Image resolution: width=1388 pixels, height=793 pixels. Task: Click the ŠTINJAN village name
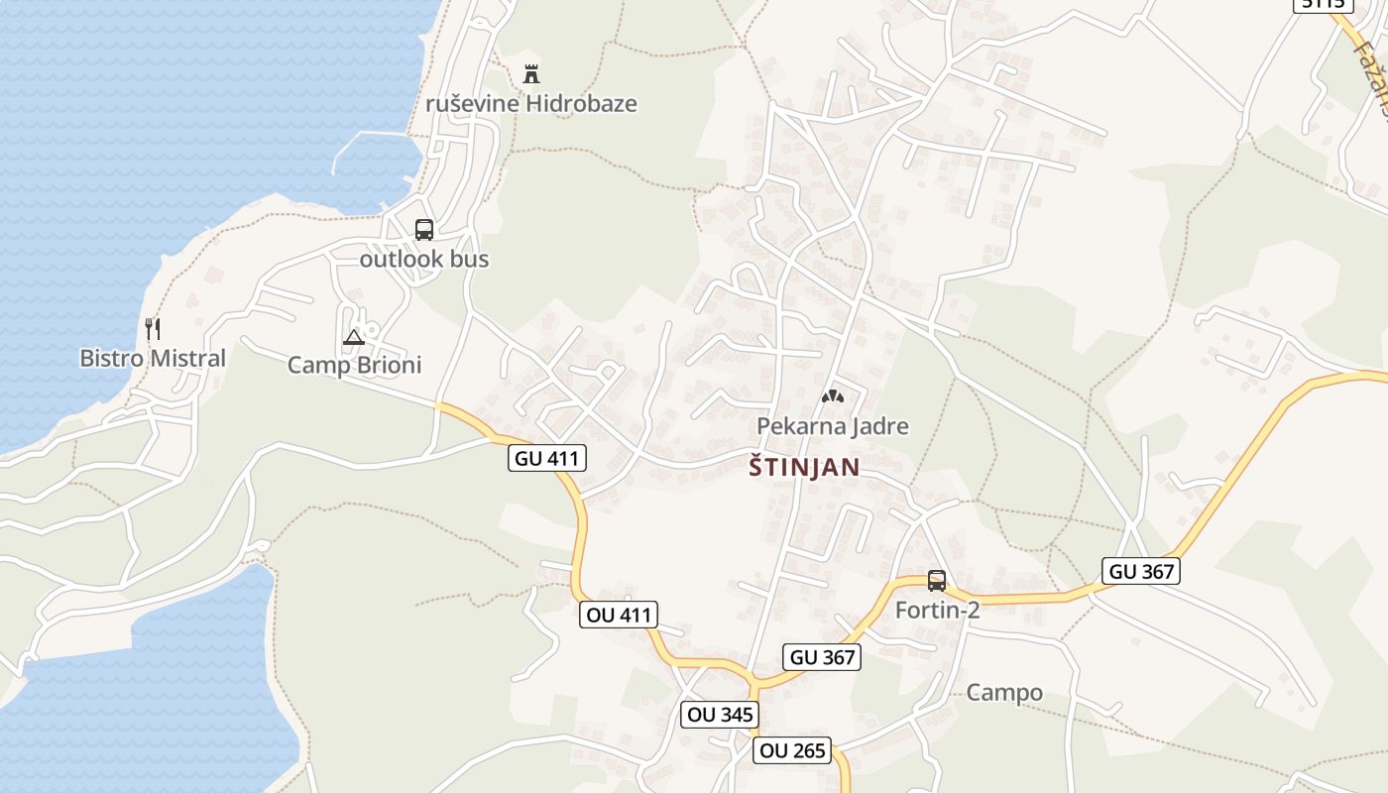coord(804,467)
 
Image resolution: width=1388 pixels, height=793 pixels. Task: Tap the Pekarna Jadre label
coord(833,426)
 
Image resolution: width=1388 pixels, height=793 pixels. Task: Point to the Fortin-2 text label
coord(937,610)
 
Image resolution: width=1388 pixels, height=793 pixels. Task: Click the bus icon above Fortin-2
coord(937,581)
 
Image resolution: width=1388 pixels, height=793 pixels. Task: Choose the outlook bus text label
coord(424,259)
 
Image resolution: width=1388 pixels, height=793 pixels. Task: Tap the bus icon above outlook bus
coord(424,230)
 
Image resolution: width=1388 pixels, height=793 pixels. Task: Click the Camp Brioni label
coord(354,365)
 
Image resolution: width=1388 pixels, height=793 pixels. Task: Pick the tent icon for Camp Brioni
coord(354,337)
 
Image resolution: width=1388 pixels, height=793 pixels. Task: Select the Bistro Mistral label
coord(153,358)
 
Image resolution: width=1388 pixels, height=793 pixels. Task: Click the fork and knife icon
coord(153,329)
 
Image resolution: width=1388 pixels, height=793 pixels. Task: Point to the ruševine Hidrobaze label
coord(531,103)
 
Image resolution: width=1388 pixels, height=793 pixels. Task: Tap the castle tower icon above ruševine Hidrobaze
coord(531,73)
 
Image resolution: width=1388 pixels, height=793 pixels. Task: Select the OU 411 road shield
coord(620,615)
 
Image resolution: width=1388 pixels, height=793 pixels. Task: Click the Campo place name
coord(1004,692)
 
